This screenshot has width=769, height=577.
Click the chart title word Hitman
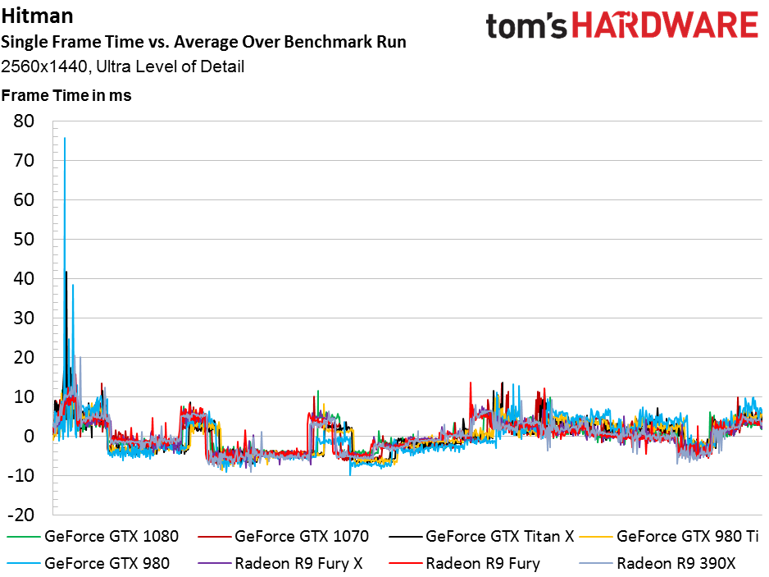[37, 16]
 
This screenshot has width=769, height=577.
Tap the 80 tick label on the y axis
[24, 121]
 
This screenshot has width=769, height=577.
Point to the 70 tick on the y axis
[24, 160]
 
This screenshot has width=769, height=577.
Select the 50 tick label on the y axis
[24, 239]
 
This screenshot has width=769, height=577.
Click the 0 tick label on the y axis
[30, 436]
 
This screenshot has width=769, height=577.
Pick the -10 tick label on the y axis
[21, 475]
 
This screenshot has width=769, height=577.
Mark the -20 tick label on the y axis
[21, 515]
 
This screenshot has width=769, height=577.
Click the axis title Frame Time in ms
[66, 95]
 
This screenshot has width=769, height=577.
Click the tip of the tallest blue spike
[65, 138]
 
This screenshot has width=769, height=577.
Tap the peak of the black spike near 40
[66, 272]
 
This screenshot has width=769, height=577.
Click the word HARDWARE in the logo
[665, 25]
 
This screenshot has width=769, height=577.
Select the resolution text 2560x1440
[44, 66]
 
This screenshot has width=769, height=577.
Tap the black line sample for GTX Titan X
[405, 537]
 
